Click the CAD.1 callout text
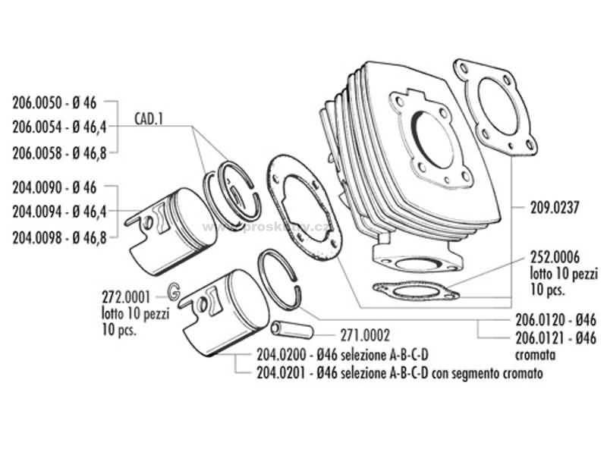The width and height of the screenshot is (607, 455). pos(149,120)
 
